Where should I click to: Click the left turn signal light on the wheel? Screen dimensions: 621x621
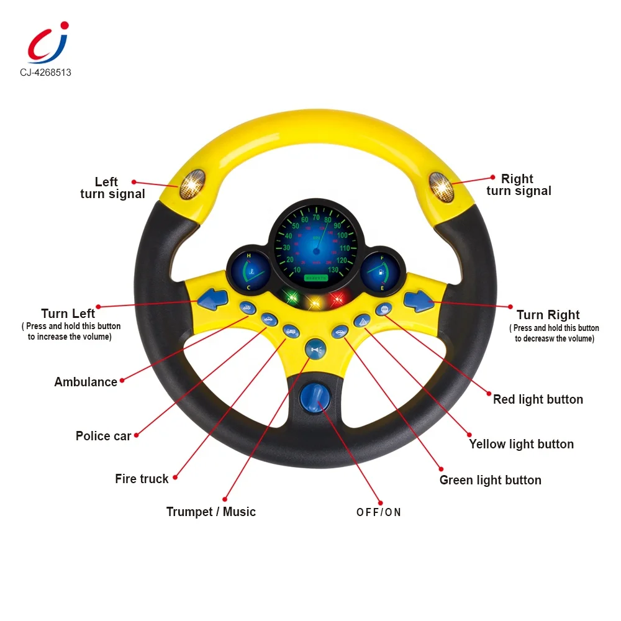(x=193, y=184)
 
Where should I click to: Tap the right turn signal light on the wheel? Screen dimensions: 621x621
(x=442, y=186)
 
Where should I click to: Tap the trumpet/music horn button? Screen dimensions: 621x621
(x=315, y=350)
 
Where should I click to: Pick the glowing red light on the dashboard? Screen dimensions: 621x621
(x=337, y=299)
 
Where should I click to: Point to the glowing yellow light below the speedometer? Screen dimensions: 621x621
(x=314, y=302)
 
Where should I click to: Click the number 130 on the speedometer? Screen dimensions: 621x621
(x=333, y=270)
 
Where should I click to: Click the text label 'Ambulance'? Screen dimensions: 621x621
(x=86, y=382)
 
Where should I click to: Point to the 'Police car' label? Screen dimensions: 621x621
(x=103, y=436)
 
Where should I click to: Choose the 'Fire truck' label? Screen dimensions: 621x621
(x=142, y=479)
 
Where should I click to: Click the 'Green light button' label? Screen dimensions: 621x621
(x=490, y=480)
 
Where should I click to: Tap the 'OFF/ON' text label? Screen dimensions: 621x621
(x=379, y=512)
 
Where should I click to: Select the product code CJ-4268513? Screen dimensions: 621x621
(x=45, y=73)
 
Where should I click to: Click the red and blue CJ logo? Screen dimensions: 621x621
(x=47, y=42)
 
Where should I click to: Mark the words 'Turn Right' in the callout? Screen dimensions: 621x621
(x=548, y=315)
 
